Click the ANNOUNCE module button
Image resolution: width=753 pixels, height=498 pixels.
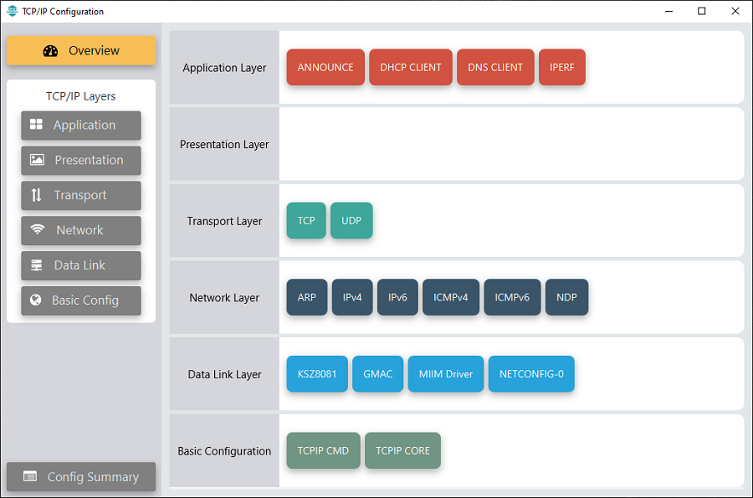[325, 67]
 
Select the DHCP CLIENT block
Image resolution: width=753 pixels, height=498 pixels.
[411, 67]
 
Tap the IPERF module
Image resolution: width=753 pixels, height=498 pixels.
[562, 67]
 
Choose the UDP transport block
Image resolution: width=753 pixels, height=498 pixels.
[351, 220]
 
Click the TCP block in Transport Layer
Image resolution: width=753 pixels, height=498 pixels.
[306, 220]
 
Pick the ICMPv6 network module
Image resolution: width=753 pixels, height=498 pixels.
[512, 297]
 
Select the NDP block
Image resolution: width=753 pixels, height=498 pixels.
[566, 297]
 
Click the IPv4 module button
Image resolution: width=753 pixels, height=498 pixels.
[352, 297]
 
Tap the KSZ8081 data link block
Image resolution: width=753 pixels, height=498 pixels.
[317, 374]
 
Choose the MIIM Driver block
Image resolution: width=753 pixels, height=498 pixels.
[446, 374]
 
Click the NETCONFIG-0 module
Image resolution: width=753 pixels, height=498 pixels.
[531, 374]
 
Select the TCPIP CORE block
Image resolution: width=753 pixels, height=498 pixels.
[402, 450]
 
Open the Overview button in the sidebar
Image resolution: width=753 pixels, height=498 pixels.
[81, 50]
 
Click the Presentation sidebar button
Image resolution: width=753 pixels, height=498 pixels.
[81, 160]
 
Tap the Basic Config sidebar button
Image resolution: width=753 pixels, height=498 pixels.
[81, 300]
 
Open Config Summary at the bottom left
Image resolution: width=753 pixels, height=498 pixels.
[81, 476]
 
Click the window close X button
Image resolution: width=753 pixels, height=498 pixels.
[735, 11]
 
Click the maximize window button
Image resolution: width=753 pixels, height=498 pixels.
[702, 11]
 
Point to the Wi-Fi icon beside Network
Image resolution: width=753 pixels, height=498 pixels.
[37, 229]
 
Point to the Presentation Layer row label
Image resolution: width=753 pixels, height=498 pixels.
[224, 144]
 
